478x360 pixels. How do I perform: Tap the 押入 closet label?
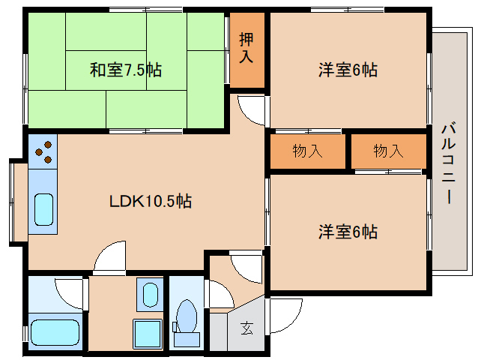(246, 47)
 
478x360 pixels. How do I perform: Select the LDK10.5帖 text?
(150, 201)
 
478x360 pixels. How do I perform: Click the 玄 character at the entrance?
(246, 327)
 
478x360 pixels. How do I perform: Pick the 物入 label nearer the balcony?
(388, 151)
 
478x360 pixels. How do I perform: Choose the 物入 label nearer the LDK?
(308, 151)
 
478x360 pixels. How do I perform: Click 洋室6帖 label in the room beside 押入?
(348, 70)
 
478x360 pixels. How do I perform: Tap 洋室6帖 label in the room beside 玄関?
(348, 231)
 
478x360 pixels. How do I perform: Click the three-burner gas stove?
(43, 151)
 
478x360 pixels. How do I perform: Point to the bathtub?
(54, 331)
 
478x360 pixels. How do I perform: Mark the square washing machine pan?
(147, 331)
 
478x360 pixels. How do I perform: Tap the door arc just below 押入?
(253, 109)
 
